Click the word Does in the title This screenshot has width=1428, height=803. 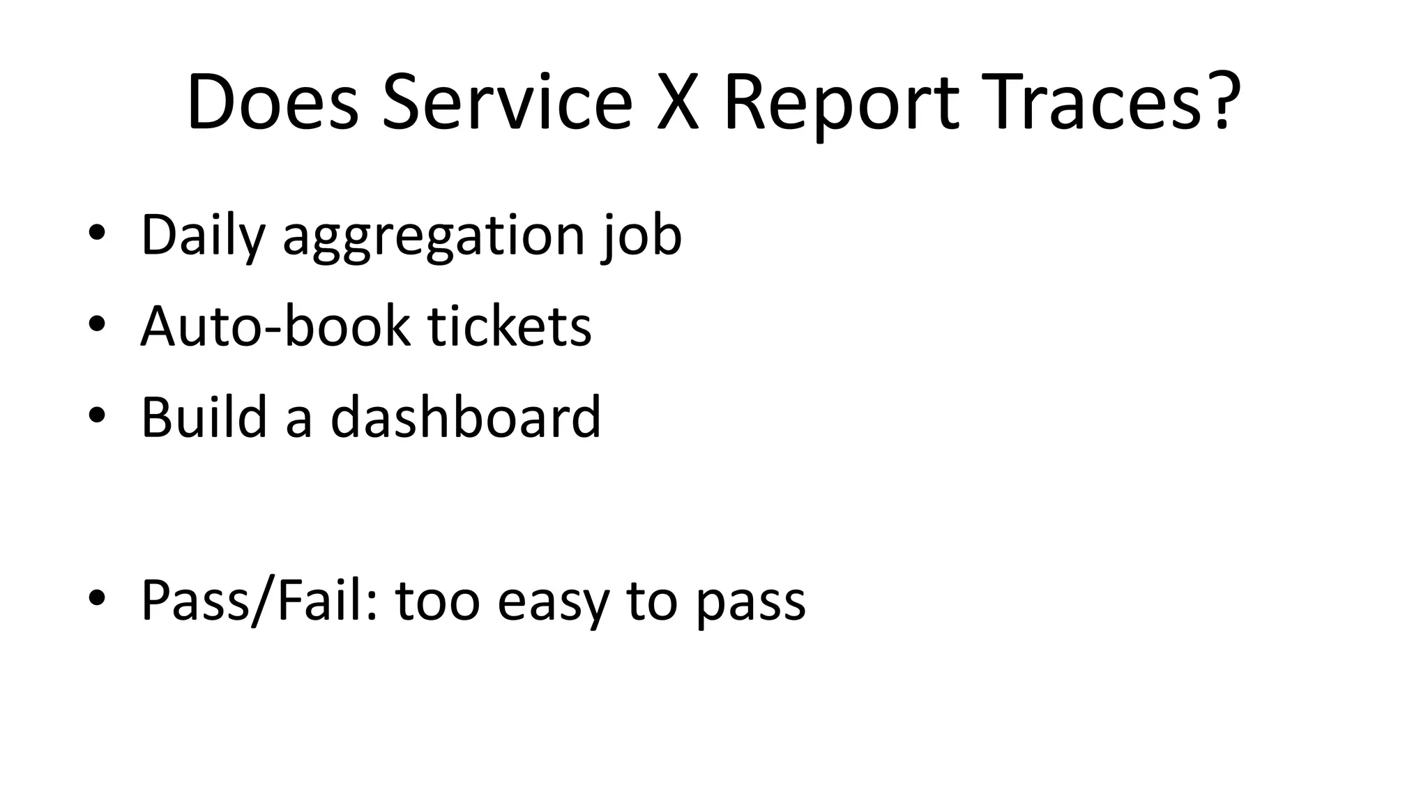(273, 102)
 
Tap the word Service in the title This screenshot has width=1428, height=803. (507, 102)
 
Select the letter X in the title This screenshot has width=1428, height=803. (677, 102)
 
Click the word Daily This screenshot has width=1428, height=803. (203, 236)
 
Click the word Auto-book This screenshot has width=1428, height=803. (275, 326)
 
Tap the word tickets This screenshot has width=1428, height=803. (510, 326)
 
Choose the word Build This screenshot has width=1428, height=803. (204, 417)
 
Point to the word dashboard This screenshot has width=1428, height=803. (465, 417)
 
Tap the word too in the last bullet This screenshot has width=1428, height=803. (438, 601)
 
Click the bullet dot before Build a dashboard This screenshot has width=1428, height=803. (97, 416)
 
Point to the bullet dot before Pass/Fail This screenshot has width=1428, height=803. (97, 599)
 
